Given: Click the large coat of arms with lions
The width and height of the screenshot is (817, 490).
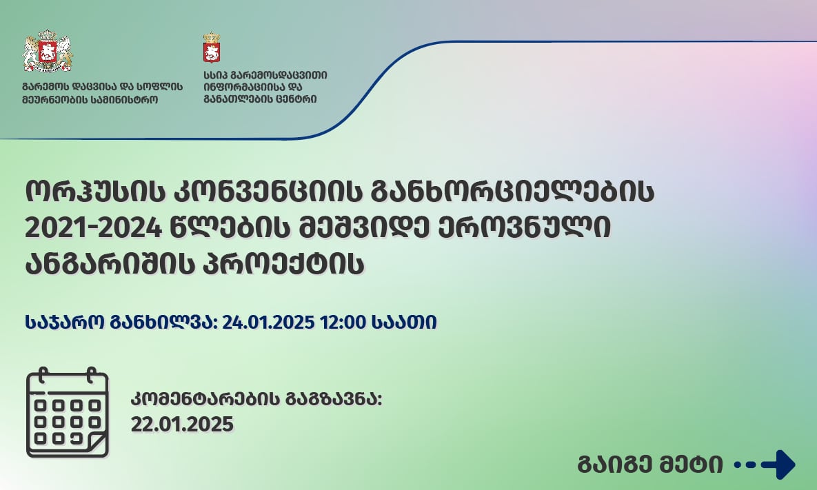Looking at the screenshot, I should coord(48,52).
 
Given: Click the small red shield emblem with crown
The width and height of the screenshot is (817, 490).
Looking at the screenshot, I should coord(211,48).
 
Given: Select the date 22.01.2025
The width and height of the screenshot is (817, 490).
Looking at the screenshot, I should coord(182,425).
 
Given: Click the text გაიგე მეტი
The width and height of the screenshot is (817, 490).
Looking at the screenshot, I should coord(650,465).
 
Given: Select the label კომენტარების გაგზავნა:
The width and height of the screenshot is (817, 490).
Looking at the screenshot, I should coord(256,400).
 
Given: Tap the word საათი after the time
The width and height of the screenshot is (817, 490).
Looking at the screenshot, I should coord(404,322).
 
